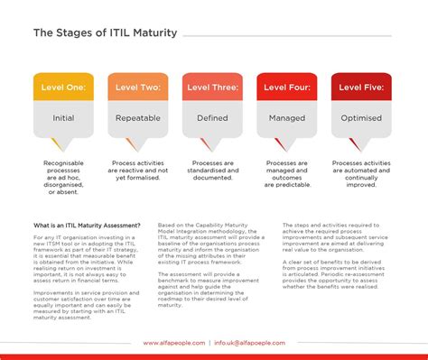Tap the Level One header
[x=61, y=88]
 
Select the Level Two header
[x=136, y=88]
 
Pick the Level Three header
[x=213, y=88]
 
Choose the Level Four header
[x=288, y=88]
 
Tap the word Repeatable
[x=137, y=117]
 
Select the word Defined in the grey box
[x=213, y=117]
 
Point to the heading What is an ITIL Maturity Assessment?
[x=87, y=225]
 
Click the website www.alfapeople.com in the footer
[x=173, y=344]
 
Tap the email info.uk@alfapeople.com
[x=249, y=344]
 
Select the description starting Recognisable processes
[x=62, y=178]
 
